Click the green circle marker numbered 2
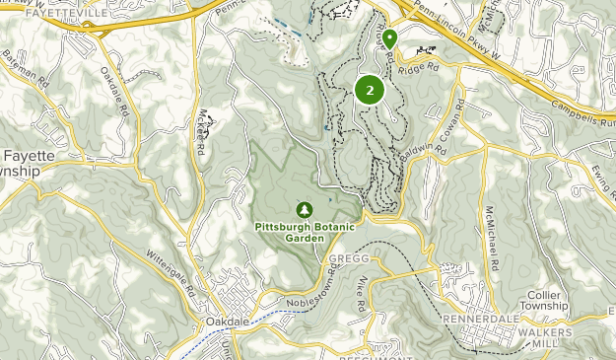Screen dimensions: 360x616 [x=370, y=91]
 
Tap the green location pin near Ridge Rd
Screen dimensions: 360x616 [x=390, y=38]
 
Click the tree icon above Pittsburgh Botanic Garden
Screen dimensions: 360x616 [x=305, y=209]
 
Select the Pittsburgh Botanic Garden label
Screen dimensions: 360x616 [x=305, y=231]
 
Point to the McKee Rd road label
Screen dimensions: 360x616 [x=201, y=130]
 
